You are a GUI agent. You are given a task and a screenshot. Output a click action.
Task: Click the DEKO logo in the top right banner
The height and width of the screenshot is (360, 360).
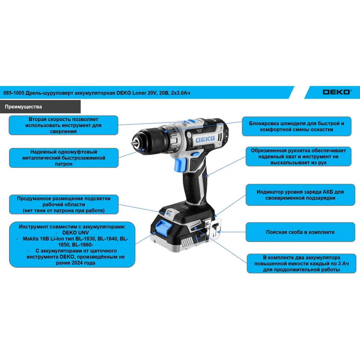pos(337,92)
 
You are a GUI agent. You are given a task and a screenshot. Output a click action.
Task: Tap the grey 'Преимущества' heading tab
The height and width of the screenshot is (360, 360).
pos(40,107)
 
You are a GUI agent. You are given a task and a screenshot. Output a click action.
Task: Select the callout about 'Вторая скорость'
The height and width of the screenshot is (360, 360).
pos(63,125)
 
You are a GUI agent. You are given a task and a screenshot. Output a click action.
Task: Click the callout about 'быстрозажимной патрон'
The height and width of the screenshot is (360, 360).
pos(64,158)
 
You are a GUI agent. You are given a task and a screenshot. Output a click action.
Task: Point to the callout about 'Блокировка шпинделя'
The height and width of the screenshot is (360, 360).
pos(296,126)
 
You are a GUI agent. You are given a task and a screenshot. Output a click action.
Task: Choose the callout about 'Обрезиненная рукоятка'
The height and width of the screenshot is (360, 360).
pos(298,156)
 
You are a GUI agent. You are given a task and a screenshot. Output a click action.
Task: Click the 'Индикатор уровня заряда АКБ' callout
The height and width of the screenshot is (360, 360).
pos(300,195)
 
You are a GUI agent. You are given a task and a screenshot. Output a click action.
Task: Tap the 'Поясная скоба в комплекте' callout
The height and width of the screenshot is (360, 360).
pos(300,232)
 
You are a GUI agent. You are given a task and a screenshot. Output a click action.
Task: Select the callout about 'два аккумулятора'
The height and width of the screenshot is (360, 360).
pos(301,264)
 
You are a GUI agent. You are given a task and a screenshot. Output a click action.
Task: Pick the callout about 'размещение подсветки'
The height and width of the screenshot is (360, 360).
pos(64,204)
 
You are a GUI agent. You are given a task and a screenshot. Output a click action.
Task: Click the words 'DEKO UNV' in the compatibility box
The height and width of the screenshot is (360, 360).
pos(76,233)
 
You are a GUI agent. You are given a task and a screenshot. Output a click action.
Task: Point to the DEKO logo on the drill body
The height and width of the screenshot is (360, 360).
pos(206,139)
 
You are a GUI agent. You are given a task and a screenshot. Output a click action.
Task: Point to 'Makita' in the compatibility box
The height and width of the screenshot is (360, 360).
pos(31,239)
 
